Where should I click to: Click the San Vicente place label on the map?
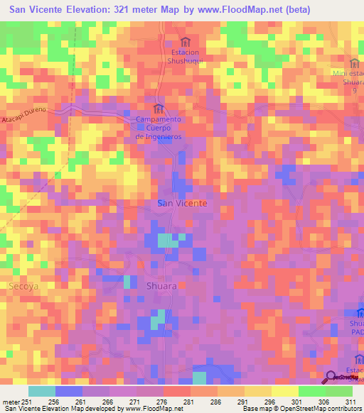click(182, 203)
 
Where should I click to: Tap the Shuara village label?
click(161, 285)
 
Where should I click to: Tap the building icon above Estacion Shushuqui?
click(186, 41)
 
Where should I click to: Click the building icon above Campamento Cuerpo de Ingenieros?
click(159, 108)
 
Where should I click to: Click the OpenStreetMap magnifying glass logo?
click(331, 377)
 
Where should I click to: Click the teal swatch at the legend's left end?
click(42, 391)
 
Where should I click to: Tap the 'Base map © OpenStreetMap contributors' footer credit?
click(300, 409)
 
